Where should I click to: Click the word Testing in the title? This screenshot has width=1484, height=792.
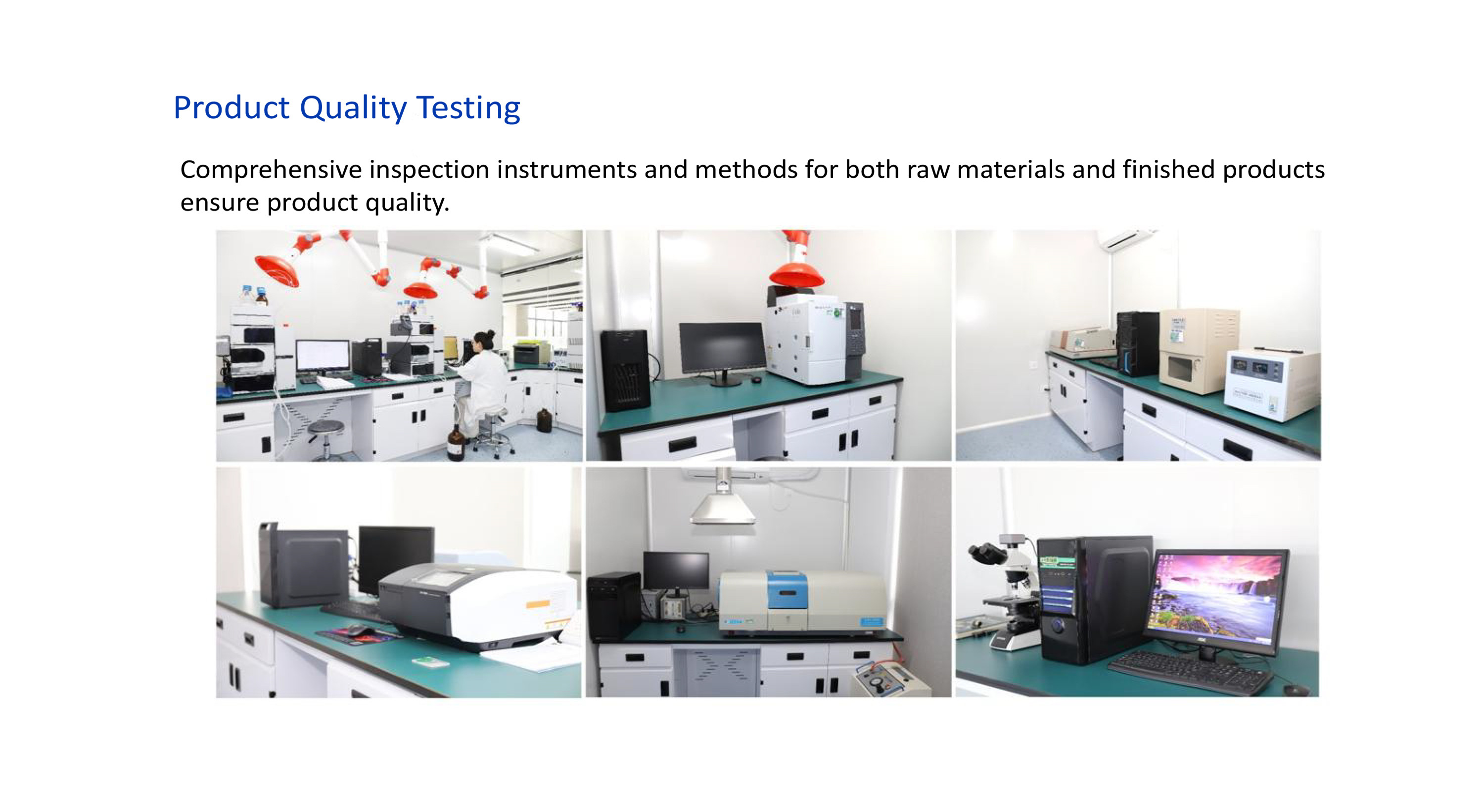click(468, 108)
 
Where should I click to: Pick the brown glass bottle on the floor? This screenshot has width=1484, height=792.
click(456, 443)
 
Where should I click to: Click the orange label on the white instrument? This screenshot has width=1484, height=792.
click(538, 604)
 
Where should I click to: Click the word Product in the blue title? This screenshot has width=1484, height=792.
click(232, 108)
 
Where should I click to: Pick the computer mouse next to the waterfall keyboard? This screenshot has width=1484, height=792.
click(1294, 690)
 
